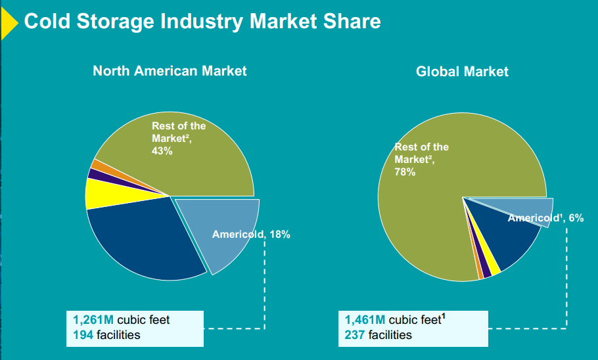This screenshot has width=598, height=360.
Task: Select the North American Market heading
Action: tap(170, 70)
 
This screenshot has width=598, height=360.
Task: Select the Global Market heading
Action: tap(462, 71)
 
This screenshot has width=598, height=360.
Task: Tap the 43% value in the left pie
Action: tap(162, 150)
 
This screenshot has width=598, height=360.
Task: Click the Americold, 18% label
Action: tap(251, 235)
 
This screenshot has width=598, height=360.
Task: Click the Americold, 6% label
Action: tap(545, 218)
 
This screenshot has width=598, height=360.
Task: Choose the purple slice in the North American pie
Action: tap(95, 173)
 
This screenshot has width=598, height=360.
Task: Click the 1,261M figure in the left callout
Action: tap(93, 320)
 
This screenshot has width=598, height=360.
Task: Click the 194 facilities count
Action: tap(83, 336)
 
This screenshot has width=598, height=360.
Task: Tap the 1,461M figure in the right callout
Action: tap(365, 320)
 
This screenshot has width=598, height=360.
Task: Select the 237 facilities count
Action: tap(355, 336)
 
